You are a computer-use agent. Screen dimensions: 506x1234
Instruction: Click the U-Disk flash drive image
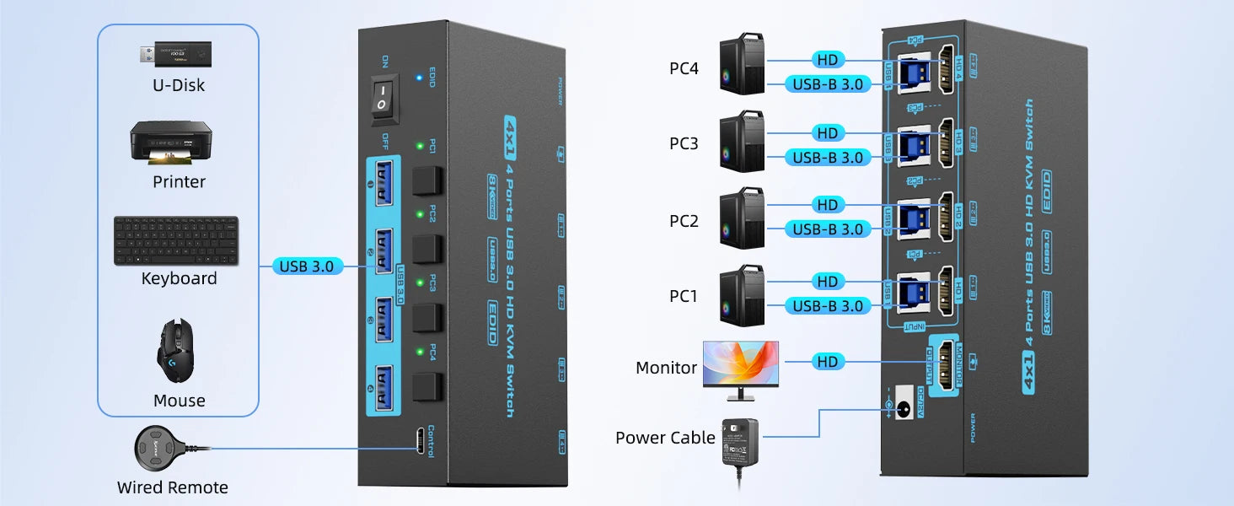[x=177, y=54]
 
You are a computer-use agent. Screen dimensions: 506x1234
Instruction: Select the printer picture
[x=170, y=144]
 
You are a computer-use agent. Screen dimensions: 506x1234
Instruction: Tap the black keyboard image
[x=176, y=240]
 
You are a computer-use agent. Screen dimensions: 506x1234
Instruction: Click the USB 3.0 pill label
[x=307, y=266]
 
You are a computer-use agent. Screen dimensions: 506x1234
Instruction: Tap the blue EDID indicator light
[x=419, y=78]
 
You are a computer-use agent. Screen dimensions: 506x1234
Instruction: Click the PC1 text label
[x=684, y=296]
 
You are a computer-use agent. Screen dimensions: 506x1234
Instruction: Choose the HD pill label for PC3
[x=828, y=133]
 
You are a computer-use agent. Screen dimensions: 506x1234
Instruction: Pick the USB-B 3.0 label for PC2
[x=828, y=229]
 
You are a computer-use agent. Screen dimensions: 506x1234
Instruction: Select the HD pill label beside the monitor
[x=828, y=362]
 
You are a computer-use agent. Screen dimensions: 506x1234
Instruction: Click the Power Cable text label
[x=665, y=438]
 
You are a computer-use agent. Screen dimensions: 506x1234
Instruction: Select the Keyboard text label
[x=179, y=278]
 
